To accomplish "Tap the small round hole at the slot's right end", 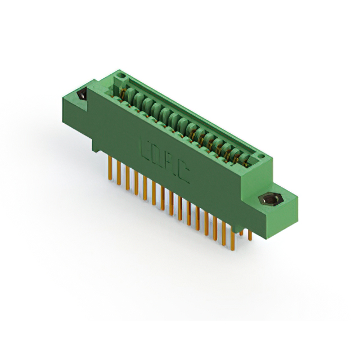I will [x=260, y=154].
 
